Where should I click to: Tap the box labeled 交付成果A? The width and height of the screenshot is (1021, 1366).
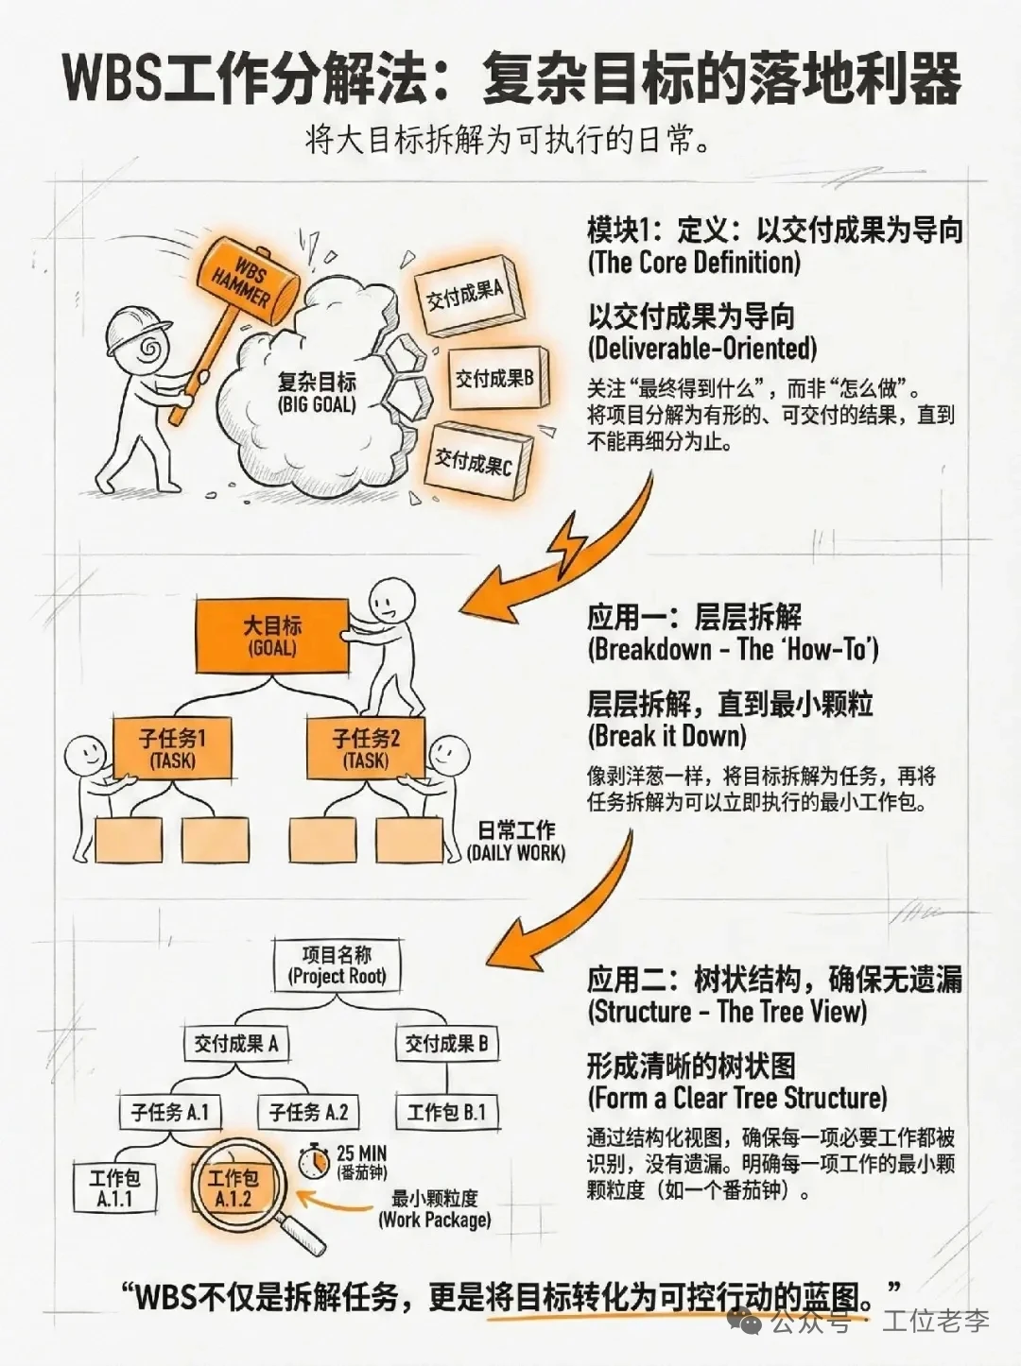464,295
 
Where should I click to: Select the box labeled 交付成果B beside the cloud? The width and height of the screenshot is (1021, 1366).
493,379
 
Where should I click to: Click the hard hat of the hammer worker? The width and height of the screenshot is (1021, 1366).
134,328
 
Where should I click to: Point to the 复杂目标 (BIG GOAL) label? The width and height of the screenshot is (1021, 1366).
317,392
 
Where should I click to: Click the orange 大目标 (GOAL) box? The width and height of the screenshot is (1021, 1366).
272,636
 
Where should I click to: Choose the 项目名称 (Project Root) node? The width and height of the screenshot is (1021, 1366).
337,965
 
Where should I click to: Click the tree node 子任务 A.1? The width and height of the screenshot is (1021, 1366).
170,1112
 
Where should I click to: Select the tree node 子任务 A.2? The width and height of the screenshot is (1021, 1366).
308,1112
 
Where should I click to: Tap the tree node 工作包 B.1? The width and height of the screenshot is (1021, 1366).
446,1112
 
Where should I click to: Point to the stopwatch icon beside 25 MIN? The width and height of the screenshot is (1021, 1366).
314,1161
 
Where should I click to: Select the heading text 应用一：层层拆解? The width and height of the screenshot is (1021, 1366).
694,618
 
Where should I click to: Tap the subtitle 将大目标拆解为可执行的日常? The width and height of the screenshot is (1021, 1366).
509,140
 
